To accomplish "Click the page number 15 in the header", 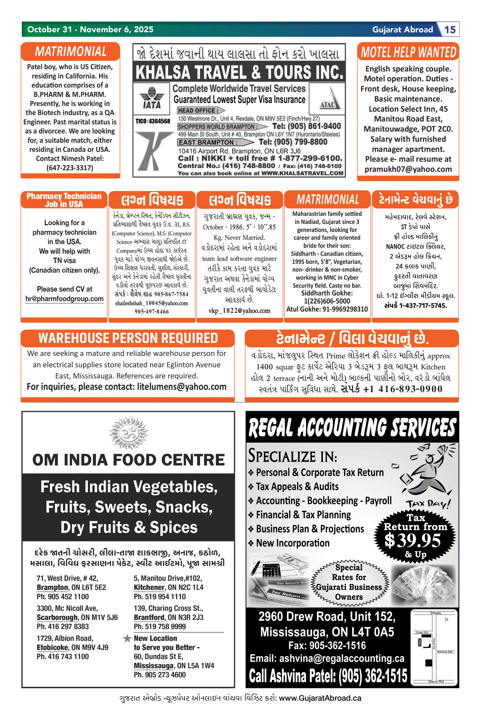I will pyautogui.click(x=450, y=30).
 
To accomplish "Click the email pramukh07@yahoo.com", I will pyautogui.click(x=408, y=169).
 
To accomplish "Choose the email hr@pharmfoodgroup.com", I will pyautogui.click(x=64, y=299).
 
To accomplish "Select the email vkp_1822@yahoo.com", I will pyautogui.click(x=239, y=311).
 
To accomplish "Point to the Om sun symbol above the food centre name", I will pyautogui.click(x=129, y=433).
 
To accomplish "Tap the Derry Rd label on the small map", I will pyautogui.click(x=436, y=682).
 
